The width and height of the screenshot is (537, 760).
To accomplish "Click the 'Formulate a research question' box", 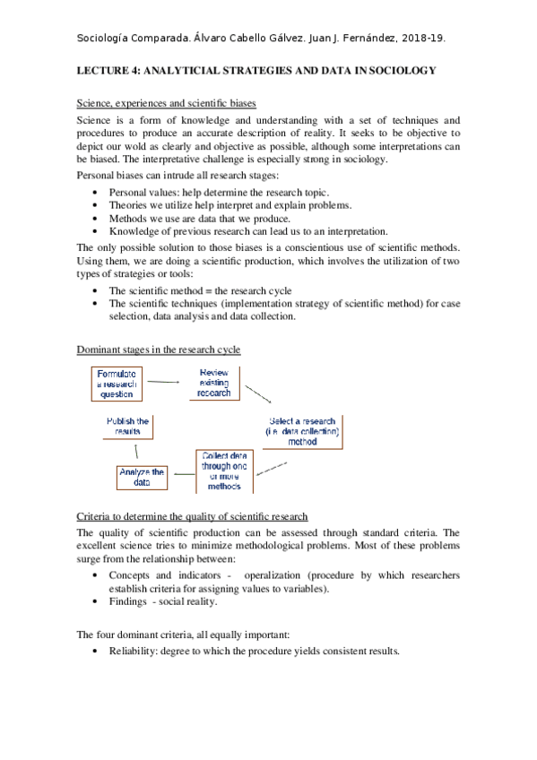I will coord(117,384).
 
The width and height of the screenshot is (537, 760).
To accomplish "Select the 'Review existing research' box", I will coord(214,383).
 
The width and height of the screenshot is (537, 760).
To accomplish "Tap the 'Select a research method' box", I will coord(302,431).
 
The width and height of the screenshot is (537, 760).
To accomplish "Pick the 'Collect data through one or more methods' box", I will coord(224,471).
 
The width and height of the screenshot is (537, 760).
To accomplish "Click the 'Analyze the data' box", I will coord(142,477).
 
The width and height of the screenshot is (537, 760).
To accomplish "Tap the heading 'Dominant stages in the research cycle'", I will coord(159,349).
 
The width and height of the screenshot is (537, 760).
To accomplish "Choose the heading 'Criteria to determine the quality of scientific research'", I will coord(193,517).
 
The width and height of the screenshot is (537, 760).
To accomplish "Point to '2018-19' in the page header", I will coord(424,39).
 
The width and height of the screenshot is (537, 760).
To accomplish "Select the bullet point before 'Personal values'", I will coord(96,192).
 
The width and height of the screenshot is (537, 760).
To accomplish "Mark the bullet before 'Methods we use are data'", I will coord(96,218).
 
